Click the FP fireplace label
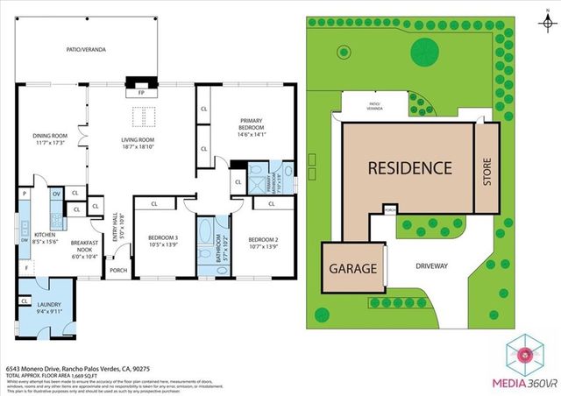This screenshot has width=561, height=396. [139, 92]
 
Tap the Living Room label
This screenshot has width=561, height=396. [138, 144]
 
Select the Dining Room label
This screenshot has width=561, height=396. [50, 139]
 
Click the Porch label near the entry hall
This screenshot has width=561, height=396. [117, 270]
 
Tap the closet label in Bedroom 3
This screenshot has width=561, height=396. [153, 204]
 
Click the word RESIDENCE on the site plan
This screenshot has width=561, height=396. [408, 167]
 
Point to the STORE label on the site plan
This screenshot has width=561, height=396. [486, 166]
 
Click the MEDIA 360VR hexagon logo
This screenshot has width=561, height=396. [525, 354]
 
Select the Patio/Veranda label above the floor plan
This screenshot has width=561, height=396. [87, 50]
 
